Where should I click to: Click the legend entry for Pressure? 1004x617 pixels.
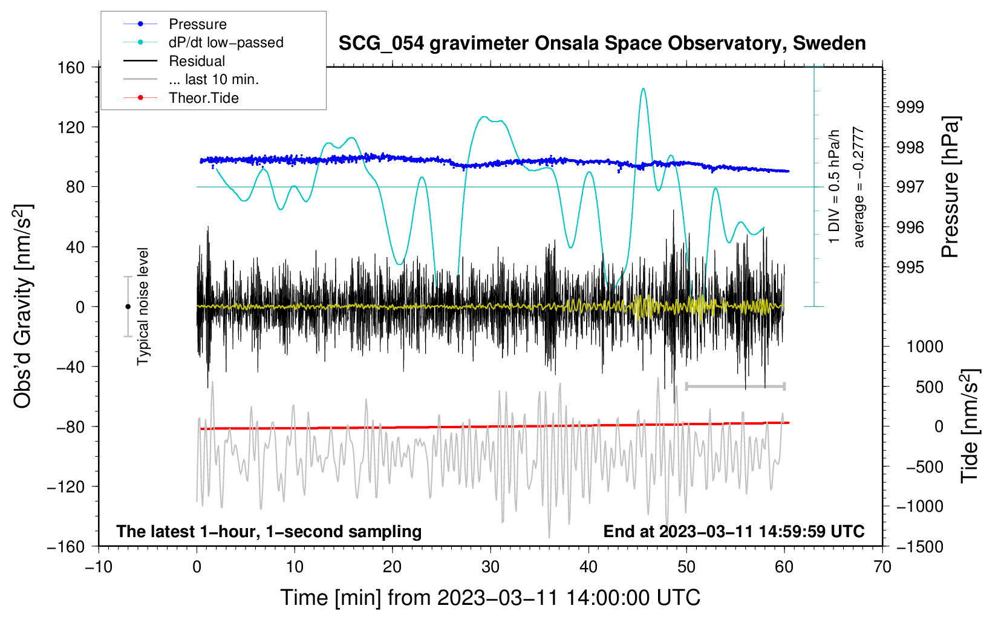click(197, 24)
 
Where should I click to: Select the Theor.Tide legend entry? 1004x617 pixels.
click(203, 98)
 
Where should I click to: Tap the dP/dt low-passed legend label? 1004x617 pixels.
click(226, 43)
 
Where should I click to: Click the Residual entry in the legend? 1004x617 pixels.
click(197, 61)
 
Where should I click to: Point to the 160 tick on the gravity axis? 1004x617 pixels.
click(71, 67)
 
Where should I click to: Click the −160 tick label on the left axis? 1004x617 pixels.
click(67, 546)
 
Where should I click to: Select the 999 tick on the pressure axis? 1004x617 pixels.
click(910, 107)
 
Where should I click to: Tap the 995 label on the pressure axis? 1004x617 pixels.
click(910, 267)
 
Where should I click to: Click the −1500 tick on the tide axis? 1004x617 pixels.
click(919, 546)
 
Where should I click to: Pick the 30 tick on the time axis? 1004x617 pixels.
click(491, 567)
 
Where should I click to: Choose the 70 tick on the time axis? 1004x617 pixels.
click(882, 567)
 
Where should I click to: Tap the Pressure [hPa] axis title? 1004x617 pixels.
click(951, 188)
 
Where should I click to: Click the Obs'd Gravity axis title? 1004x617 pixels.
click(22, 306)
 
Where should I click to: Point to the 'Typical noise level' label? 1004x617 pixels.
click(143, 306)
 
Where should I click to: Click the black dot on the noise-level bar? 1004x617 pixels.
click(128, 307)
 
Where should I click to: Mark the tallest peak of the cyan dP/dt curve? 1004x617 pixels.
click(643, 89)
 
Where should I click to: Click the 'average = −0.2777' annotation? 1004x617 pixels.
click(859, 188)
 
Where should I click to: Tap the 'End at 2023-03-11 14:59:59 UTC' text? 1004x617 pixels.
click(734, 531)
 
